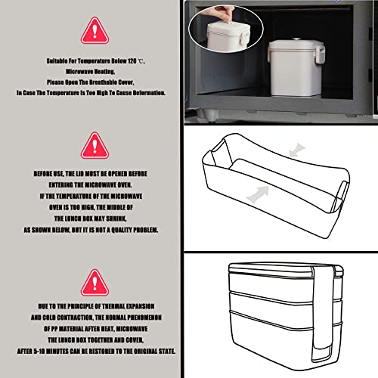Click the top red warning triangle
point(94,31)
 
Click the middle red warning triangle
point(94,146)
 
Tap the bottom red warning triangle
point(94,283)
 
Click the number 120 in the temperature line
point(132,61)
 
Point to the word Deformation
point(149,93)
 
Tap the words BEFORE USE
point(48,174)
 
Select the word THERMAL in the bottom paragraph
point(113,306)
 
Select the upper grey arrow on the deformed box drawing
point(297,150)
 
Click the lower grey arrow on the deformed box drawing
point(258,194)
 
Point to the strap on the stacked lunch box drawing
point(323,312)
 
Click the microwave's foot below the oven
point(209,114)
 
